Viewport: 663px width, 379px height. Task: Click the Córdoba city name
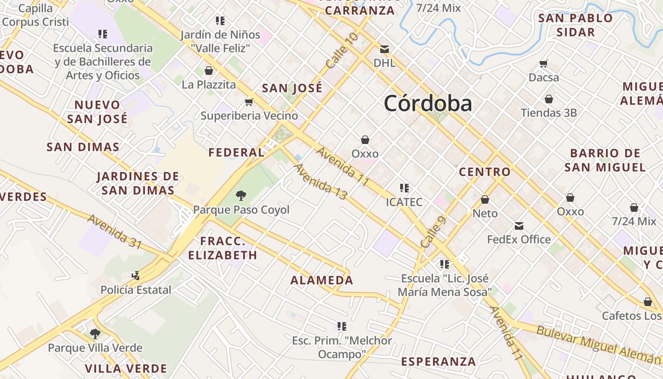tap(428, 103)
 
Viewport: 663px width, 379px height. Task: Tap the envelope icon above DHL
tap(385, 49)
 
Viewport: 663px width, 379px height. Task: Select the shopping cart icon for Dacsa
tap(544, 63)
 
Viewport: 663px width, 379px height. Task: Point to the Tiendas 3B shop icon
tap(548, 99)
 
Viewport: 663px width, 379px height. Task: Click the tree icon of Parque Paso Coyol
tap(241, 195)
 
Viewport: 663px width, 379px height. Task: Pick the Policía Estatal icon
tap(135, 275)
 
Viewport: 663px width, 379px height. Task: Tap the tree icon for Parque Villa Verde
tap(95, 334)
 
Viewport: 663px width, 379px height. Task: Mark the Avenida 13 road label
tap(321, 181)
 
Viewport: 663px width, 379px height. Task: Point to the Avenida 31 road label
tap(115, 232)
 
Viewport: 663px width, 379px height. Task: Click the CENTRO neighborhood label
tap(485, 171)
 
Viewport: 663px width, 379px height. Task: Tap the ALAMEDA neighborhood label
tap(322, 280)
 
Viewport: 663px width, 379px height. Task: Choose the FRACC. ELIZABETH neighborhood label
tap(223, 248)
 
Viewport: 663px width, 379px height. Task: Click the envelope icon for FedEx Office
tap(519, 226)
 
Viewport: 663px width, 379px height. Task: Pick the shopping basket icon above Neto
tap(485, 199)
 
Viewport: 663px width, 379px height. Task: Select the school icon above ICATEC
tap(404, 188)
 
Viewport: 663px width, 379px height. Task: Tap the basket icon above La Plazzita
tap(208, 71)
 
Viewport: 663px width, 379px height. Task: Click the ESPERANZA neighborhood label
tap(439, 361)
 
